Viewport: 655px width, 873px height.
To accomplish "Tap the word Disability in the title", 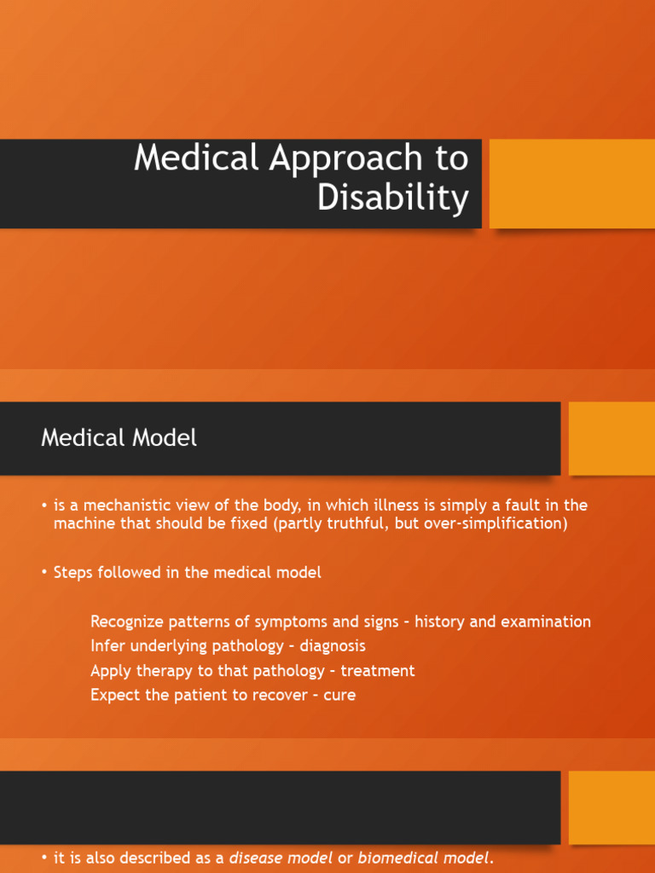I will (x=392, y=199).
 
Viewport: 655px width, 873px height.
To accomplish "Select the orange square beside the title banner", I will (x=571, y=183).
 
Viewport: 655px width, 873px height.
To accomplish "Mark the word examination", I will (x=545, y=622).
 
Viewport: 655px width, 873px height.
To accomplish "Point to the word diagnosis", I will (x=333, y=646).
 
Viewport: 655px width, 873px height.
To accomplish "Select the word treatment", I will (x=378, y=671).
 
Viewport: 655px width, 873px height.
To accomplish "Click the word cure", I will (x=339, y=695).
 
